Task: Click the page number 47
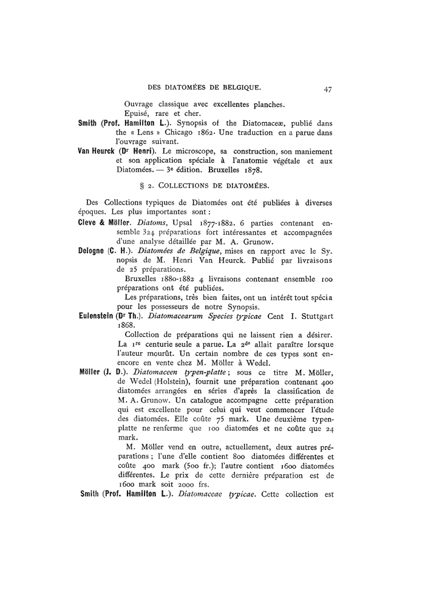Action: pyautogui.click(x=327, y=89)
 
